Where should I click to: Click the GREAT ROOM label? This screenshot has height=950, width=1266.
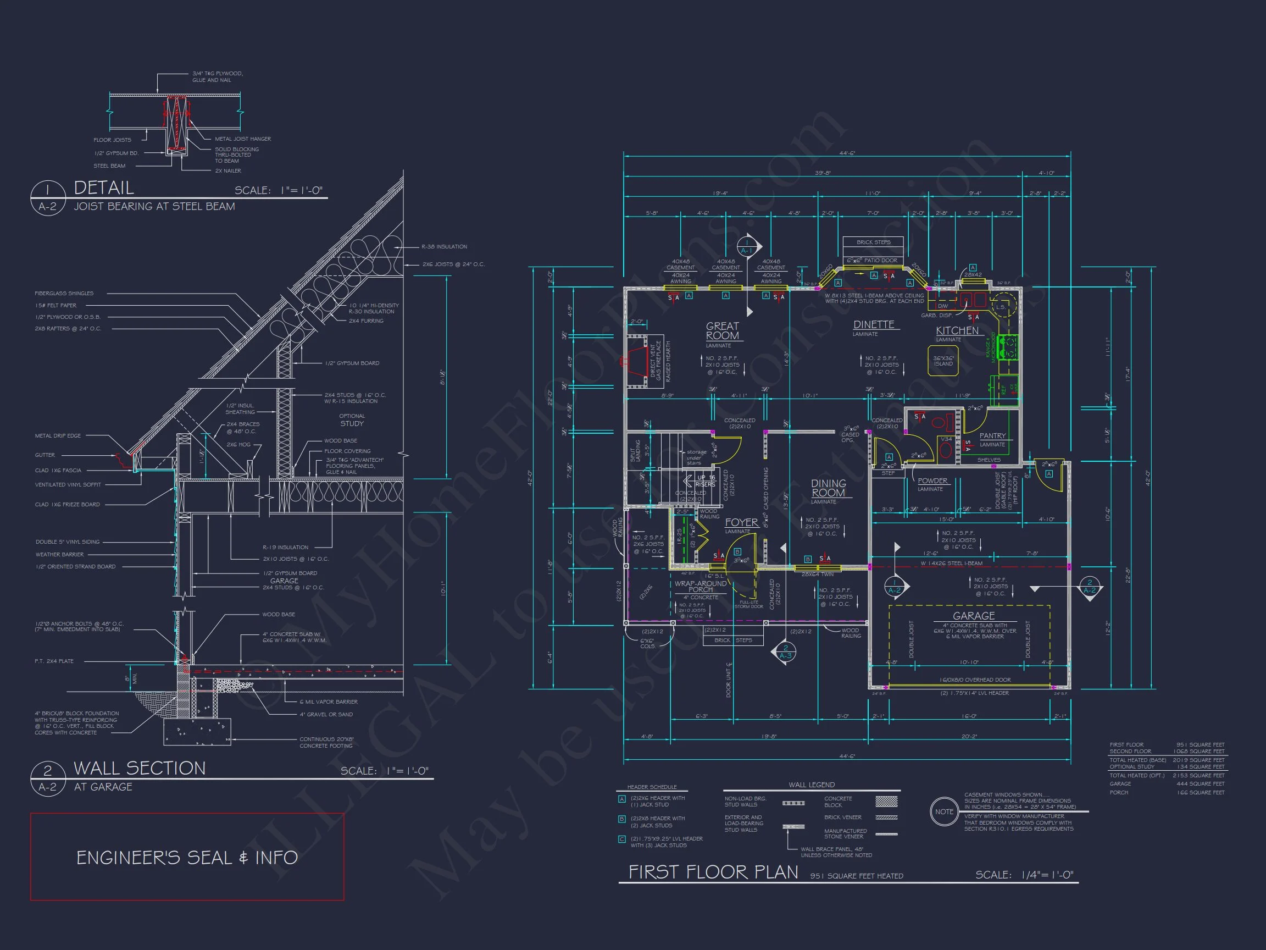[721, 331]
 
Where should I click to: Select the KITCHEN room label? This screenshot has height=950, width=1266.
[957, 331]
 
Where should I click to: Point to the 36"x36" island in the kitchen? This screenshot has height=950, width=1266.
[943, 361]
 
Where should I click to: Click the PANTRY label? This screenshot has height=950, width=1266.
[992, 436]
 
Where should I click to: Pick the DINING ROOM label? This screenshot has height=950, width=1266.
[828, 488]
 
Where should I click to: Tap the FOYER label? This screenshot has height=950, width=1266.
[741, 522]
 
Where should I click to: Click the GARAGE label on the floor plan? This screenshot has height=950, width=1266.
[974, 616]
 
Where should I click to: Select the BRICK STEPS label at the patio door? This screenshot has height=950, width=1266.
[873, 242]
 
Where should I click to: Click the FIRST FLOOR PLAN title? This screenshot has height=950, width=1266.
[713, 872]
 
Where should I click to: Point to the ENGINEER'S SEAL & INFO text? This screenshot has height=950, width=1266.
[187, 857]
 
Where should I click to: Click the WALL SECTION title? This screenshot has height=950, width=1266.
[140, 769]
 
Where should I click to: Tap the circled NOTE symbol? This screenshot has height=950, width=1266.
[944, 811]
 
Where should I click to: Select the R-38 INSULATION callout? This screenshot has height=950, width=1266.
[444, 247]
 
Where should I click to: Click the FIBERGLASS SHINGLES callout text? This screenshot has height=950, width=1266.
[64, 293]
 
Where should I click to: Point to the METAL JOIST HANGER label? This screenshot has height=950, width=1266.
[243, 139]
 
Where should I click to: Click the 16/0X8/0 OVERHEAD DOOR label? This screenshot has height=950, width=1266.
[975, 680]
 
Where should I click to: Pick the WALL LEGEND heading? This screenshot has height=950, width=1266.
[811, 785]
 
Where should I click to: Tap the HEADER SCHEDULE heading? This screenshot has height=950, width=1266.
[651, 787]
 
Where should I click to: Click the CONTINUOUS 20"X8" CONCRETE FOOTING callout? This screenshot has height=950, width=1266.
[326, 742]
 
